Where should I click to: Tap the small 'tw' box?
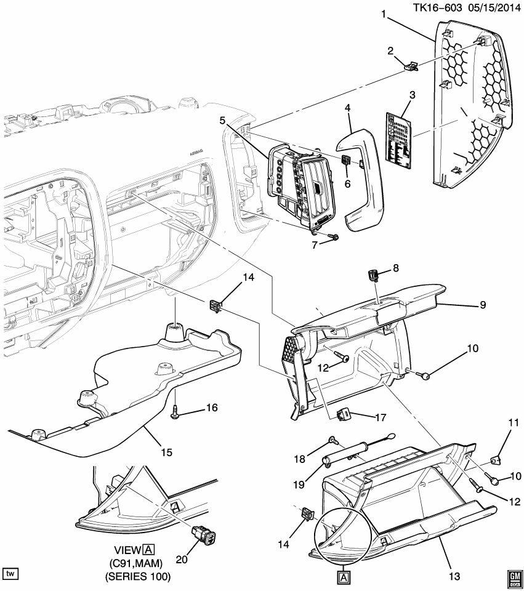(10, 574)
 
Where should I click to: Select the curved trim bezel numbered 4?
(363, 179)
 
